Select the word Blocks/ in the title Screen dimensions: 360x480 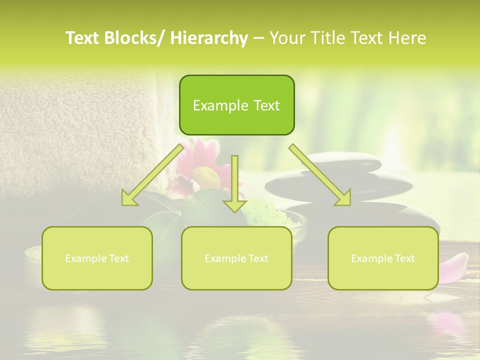click(132, 38)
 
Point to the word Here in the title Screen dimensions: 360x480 click(408, 38)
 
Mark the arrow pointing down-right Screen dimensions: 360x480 click(320, 175)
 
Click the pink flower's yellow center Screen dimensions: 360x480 click(205, 176)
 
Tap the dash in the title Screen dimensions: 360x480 click(258, 38)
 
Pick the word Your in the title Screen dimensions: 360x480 click(286, 38)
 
